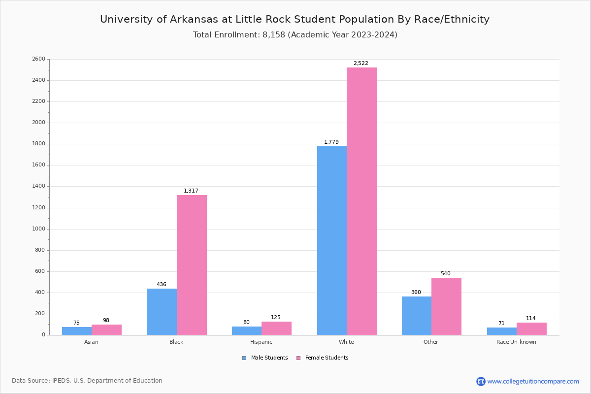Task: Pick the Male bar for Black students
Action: (x=162, y=312)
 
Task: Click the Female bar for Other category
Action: (x=446, y=306)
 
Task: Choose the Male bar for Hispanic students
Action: (x=247, y=330)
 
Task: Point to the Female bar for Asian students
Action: (x=106, y=329)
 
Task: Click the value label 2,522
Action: (x=361, y=64)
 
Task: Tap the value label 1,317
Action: (x=191, y=191)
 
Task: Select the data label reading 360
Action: (x=416, y=293)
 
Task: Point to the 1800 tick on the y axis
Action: (x=39, y=144)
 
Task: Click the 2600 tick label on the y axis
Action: (x=39, y=59)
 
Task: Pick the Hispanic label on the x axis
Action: (x=261, y=342)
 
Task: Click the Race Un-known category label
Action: (x=516, y=342)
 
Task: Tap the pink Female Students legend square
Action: (x=298, y=358)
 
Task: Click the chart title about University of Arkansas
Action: (x=295, y=20)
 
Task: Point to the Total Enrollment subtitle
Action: (x=295, y=35)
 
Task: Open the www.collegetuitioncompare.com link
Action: (x=533, y=381)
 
